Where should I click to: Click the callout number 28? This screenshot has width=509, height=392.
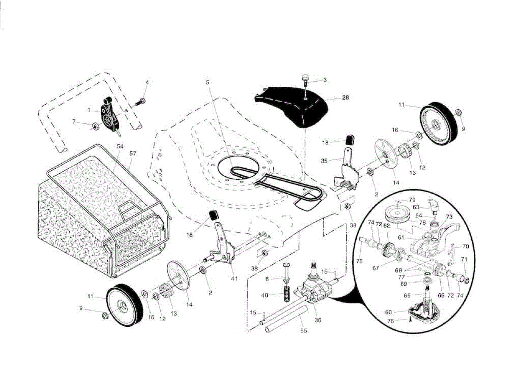click(346, 98)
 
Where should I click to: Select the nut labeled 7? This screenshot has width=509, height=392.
click(95, 125)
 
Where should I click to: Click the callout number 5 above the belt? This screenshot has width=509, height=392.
click(207, 82)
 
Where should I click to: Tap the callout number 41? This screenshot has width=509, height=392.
click(235, 278)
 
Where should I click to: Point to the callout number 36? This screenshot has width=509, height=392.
click(317, 320)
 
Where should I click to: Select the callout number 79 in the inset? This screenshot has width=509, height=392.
click(412, 199)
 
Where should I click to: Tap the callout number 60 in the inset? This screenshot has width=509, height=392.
click(388, 312)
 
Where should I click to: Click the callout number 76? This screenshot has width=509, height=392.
click(391, 321)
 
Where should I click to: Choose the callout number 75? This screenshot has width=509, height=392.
click(359, 261)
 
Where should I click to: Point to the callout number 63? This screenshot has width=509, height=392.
click(416, 208)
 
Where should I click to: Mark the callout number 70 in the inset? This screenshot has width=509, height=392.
click(465, 246)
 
